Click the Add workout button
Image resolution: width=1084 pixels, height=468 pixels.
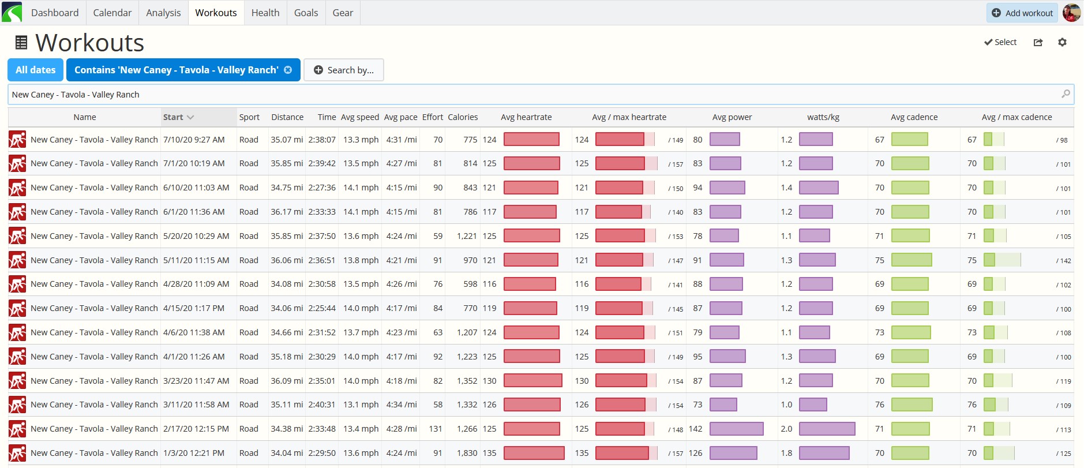pos(1022,13)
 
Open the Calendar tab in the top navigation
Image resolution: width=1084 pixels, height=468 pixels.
pos(112,13)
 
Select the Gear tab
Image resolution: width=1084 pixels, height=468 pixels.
pos(343,13)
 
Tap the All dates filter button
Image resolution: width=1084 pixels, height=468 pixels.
pos(36,70)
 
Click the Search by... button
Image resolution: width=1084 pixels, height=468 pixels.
pos(344,70)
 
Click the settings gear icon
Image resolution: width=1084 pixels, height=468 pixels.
pos(1062,42)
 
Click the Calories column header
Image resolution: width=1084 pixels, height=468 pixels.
pos(463,117)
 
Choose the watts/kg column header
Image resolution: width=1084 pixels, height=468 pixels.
pos(823,117)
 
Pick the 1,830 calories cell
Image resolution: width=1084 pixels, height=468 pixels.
pos(467,453)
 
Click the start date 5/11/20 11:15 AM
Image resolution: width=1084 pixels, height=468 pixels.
pos(196,260)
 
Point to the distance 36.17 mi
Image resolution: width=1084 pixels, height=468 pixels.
pos(287,212)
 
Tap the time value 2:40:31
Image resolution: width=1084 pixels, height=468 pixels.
pos(322,405)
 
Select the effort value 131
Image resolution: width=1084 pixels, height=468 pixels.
pos(436,429)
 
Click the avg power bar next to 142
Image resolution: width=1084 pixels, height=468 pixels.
pos(737,429)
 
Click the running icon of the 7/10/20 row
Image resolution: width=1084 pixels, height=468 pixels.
pos(17,140)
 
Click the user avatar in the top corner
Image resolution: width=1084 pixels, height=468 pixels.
pos(1071,13)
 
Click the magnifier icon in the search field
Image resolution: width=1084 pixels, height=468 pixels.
pos(1066,94)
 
